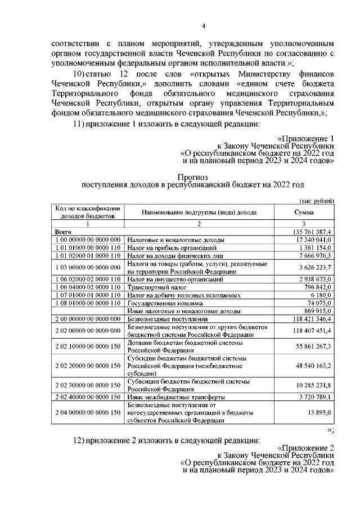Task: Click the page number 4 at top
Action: tap(204, 26)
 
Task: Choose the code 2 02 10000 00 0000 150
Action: tap(87, 346)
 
